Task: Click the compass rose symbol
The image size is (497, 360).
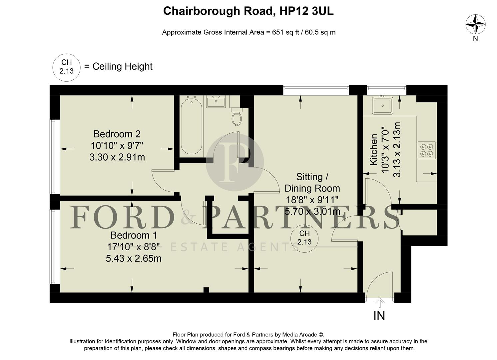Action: point(475,24)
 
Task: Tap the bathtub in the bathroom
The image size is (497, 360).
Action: point(191,126)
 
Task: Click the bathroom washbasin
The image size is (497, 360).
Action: point(216,101)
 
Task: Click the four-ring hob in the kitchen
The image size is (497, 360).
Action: point(427,150)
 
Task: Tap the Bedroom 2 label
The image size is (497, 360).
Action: point(117,134)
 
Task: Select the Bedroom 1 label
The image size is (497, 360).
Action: point(134,235)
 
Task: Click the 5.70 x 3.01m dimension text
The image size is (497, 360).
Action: point(312,211)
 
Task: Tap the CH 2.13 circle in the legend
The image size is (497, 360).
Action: point(67,67)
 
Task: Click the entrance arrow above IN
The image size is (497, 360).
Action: point(379,303)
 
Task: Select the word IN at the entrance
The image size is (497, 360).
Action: point(379,316)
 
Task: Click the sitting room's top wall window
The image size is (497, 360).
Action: point(316,88)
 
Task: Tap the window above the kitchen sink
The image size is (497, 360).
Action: point(386,88)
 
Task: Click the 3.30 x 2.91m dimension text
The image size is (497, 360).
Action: point(117,157)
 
